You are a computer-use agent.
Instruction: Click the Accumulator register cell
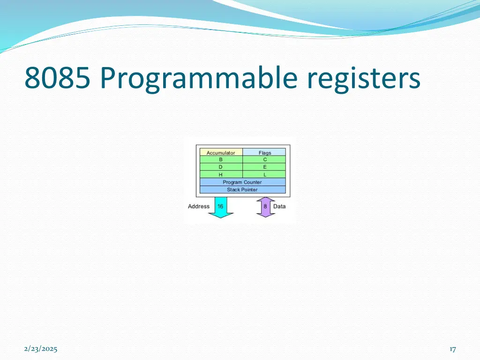(x=221, y=152)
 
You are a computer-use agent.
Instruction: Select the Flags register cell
(x=264, y=152)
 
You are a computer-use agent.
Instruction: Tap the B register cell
(x=221, y=159)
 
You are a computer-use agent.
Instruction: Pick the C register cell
(x=264, y=159)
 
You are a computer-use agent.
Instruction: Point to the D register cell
(x=221, y=167)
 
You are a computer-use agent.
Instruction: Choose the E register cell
(x=264, y=167)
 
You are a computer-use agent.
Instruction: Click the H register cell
(x=221, y=174)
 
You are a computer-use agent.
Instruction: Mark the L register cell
(x=264, y=174)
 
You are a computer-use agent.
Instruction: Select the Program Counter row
(x=242, y=182)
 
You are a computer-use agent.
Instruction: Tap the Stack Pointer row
(x=242, y=189)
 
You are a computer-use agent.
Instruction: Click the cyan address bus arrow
(x=220, y=208)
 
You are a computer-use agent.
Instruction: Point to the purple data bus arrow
(x=265, y=207)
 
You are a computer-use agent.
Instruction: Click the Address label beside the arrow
(x=199, y=206)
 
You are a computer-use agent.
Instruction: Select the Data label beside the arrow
(x=279, y=206)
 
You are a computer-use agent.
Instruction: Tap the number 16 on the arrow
(x=220, y=206)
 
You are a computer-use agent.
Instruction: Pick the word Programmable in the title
(x=199, y=78)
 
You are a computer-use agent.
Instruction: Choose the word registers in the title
(x=364, y=78)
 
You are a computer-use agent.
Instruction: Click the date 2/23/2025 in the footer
(x=40, y=349)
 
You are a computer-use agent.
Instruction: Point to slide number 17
(x=452, y=349)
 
